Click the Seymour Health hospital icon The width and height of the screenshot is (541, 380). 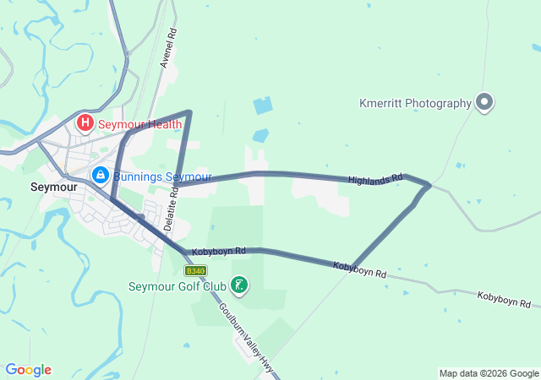[x=85, y=123]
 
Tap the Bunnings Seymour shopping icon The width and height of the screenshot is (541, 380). [x=100, y=175]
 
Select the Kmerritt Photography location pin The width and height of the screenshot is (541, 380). [x=484, y=103]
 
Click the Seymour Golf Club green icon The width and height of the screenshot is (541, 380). [x=240, y=285]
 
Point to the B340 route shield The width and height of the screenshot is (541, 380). [x=195, y=270]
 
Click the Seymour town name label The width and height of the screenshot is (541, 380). [x=53, y=187]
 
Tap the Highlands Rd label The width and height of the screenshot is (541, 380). [x=375, y=179]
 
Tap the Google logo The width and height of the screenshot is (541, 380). [x=28, y=370]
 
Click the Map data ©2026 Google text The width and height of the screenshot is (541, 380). [x=488, y=373]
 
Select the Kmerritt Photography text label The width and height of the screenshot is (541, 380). [x=414, y=103]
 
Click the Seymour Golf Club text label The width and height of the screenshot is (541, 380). [x=178, y=286]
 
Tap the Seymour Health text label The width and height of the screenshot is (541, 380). [x=139, y=124]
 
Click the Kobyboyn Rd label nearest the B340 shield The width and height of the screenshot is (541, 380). [x=218, y=252]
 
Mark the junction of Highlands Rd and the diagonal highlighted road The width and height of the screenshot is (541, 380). [x=429, y=185]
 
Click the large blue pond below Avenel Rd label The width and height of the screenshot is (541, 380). [x=263, y=106]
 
